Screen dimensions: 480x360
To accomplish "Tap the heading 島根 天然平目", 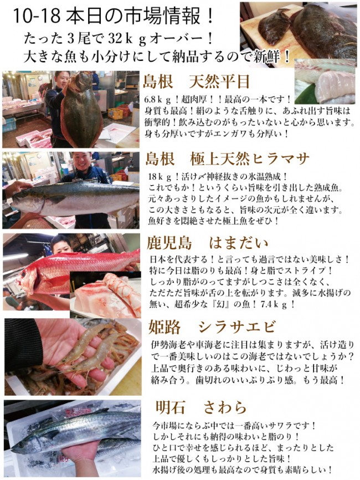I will coord(197,83).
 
